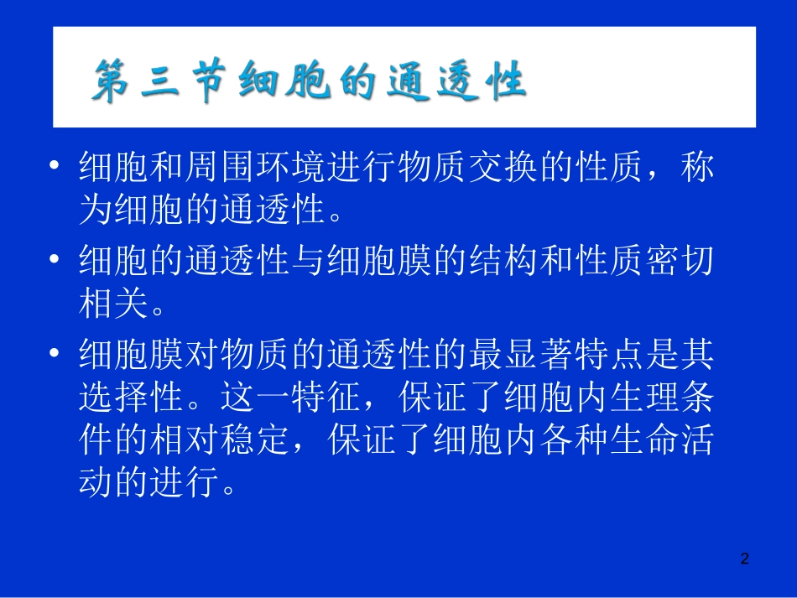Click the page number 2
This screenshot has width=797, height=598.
(744, 559)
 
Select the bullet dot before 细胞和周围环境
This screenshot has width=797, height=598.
(55, 167)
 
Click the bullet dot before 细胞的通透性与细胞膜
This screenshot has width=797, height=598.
(55, 262)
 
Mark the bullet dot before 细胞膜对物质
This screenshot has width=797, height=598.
(55, 356)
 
